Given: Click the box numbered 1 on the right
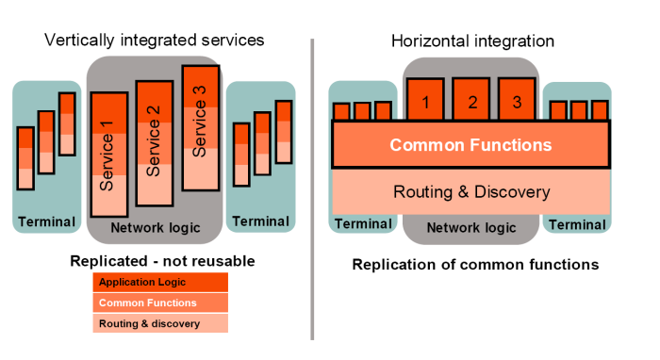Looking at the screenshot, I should coord(425,100).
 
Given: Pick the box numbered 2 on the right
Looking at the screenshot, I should coord(471,100).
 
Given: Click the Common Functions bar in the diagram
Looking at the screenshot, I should coord(470,145).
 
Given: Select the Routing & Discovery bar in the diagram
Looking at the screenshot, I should coord(470,191).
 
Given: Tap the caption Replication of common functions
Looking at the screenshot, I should coord(475,264).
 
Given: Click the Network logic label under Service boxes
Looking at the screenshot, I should coord(155,228).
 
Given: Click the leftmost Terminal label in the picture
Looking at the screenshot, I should coord(45,222).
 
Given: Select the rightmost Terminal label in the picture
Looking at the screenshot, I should coord(577,224).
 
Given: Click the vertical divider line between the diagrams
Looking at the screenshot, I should coord(312,188).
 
